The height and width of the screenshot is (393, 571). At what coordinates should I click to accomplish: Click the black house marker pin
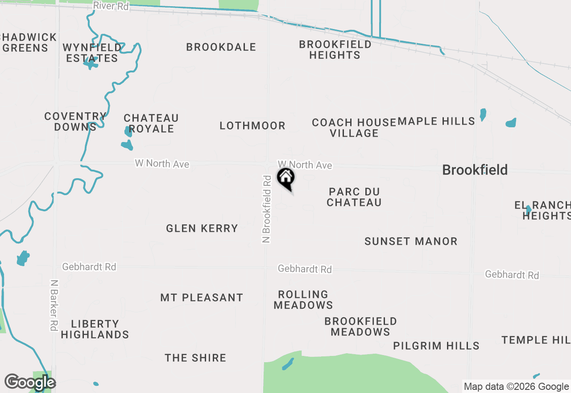[286, 178]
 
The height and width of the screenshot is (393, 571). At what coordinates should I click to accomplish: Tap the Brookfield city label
[475, 170]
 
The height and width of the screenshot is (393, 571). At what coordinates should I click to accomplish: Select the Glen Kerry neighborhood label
[202, 229]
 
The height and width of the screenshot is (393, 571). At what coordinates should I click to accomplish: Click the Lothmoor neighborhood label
[252, 126]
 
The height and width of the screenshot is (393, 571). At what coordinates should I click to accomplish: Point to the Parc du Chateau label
[354, 197]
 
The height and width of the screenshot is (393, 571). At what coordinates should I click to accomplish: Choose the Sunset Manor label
[411, 242]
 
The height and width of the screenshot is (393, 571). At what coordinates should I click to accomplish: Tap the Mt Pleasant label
[202, 298]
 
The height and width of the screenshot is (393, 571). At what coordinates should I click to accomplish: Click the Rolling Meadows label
[303, 300]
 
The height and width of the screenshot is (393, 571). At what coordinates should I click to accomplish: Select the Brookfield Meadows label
[360, 326]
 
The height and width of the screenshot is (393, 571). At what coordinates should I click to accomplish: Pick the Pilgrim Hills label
[436, 346]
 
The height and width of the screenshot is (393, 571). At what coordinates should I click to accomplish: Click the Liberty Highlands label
[95, 329]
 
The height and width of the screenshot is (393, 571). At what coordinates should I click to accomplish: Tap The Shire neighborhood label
[195, 358]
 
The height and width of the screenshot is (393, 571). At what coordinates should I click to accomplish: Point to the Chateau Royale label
[151, 123]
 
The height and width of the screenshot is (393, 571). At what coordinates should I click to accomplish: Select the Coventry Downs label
[75, 121]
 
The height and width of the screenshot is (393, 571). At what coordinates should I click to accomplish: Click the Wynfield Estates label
[92, 53]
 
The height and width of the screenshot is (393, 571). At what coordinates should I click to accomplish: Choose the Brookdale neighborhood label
[221, 47]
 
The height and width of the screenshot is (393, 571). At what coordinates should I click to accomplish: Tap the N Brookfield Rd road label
[267, 209]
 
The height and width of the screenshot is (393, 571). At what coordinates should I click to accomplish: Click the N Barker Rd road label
[54, 305]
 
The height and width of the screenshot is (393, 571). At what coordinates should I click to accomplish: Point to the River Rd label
[111, 7]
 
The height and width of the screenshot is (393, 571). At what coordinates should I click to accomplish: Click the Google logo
[30, 382]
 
